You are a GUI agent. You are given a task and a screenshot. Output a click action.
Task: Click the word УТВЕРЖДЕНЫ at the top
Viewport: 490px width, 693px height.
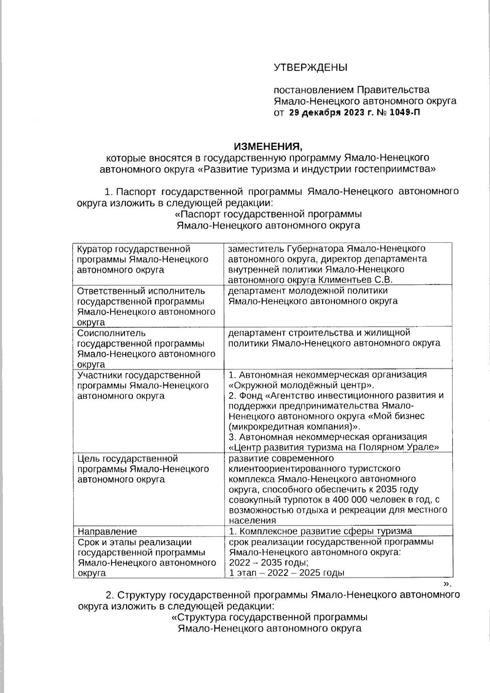[310, 67]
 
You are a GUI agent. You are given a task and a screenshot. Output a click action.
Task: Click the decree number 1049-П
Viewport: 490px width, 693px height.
[405, 113]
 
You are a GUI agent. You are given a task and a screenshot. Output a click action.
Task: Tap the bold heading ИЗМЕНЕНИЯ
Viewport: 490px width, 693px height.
[269, 146]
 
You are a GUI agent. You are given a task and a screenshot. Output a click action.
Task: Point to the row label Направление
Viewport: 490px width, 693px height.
[107, 531]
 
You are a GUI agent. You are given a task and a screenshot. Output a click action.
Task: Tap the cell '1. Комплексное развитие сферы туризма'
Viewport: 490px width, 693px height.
[320, 531]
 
